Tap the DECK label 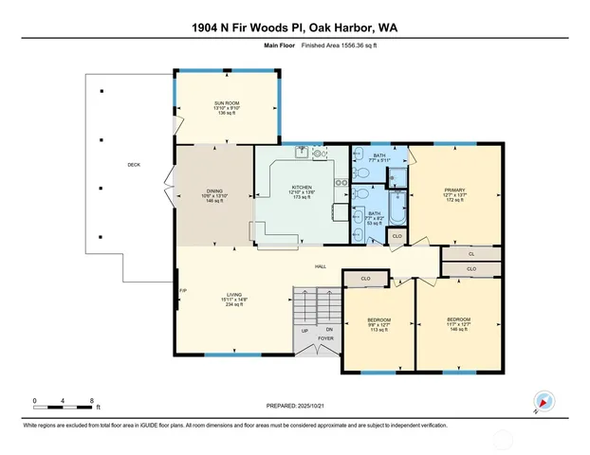pos(134,165)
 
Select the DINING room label pos(214,191)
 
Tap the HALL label pos(321,265)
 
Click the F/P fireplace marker pos(182,290)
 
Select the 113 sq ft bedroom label pos(378,319)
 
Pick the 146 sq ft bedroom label pos(458,319)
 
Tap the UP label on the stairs pos(304,331)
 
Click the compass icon pos(543,401)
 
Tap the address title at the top pos(295,28)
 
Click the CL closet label pos(471,254)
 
